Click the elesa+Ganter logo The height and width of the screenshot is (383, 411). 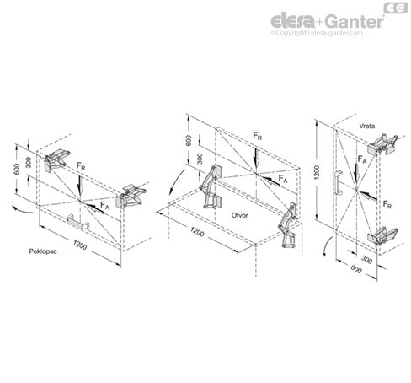click(327, 19)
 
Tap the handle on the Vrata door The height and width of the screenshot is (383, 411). click(335, 185)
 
